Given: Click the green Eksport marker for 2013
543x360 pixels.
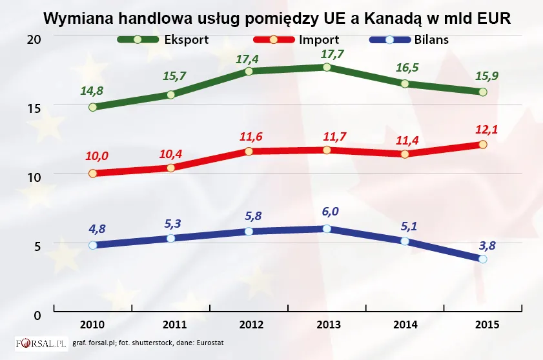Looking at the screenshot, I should click(x=327, y=67).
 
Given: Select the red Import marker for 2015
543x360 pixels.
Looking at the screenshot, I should click(x=482, y=145).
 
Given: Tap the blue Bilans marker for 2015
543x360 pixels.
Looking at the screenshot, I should click(x=482, y=259).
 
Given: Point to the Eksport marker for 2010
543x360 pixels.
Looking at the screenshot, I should click(x=93, y=107).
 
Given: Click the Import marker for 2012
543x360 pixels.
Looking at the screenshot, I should click(x=249, y=151).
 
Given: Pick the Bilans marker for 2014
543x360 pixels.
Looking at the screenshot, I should click(x=405, y=241).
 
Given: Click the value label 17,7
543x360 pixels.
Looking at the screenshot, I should click(x=327, y=53).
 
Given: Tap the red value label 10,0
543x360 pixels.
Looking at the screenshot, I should click(x=97, y=156).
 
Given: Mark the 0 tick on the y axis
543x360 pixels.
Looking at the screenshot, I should click(x=37, y=314).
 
